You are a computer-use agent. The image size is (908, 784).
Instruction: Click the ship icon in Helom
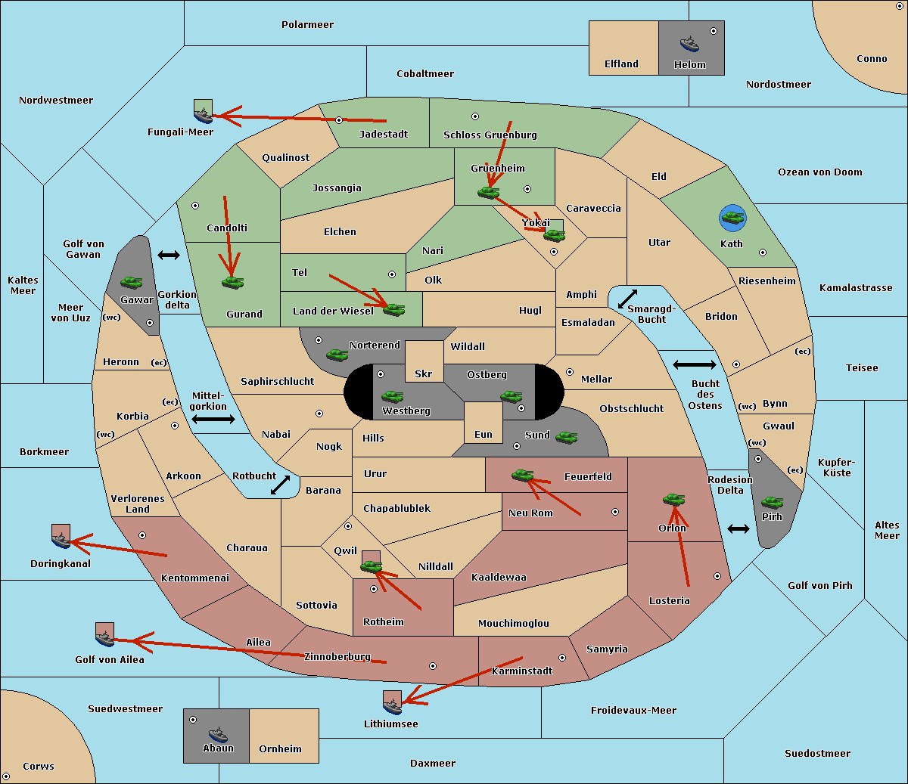(689, 44)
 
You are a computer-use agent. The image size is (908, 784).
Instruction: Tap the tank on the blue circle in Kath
(733, 217)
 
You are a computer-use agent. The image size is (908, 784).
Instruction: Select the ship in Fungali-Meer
(203, 116)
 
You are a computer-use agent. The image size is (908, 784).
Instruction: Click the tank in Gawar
(132, 282)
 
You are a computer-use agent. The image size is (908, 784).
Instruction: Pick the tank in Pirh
(772, 503)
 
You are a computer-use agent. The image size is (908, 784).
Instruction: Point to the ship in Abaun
(218, 735)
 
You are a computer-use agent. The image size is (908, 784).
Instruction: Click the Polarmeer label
(307, 25)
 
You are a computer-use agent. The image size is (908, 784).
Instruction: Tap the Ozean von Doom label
(820, 172)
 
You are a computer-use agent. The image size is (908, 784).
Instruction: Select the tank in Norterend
(337, 355)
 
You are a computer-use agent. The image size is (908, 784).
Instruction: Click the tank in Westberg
(392, 396)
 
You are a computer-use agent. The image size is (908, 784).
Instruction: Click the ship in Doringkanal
(61, 540)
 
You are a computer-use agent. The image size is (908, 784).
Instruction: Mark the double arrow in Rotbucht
(280, 485)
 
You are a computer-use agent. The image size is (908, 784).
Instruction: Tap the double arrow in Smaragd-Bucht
(627, 299)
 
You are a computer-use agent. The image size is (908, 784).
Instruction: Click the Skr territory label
(424, 373)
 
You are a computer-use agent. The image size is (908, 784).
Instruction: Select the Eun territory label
(484, 434)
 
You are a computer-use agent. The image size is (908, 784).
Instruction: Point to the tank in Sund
(566, 438)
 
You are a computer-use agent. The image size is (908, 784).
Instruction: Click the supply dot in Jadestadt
(339, 120)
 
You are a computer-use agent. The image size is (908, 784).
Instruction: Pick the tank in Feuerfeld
(523, 476)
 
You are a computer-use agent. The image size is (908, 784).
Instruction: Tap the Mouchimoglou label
(514, 623)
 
